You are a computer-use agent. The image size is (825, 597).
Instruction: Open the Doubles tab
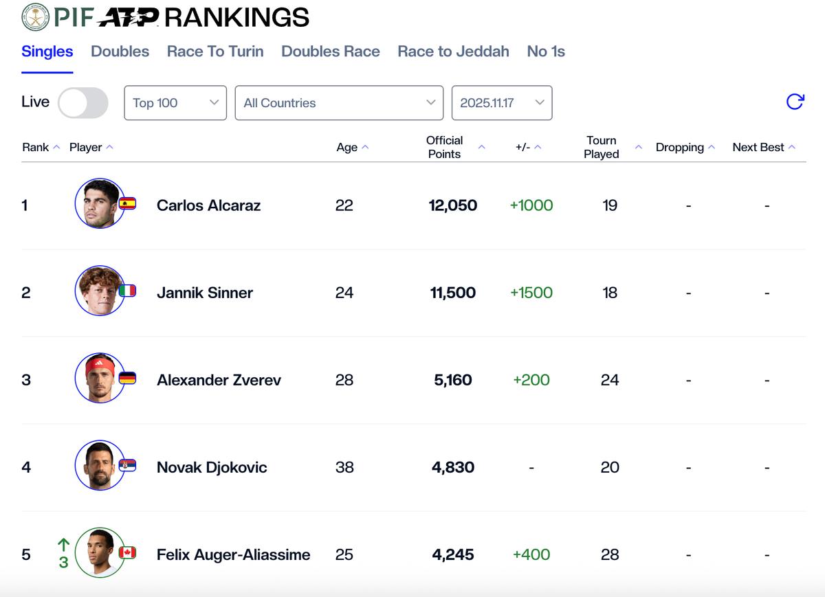pyautogui.click(x=120, y=52)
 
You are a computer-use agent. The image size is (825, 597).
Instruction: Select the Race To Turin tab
pyautogui.click(x=215, y=52)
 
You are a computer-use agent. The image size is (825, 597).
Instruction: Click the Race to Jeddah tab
pyautogui.click(x=453, y=52)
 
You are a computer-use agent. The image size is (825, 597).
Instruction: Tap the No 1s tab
pyautogui.click(x=546, y=52)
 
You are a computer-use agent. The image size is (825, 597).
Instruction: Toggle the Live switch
pyautogui.click(x=83, y=103)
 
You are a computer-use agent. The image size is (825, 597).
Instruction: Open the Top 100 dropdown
pyautogui.click(x=175, y=103)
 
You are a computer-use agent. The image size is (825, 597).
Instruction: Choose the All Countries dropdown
pyautogui.click(x=339, y=103)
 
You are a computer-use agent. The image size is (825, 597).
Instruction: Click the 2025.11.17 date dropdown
pyautogui.click(x=501, y=103)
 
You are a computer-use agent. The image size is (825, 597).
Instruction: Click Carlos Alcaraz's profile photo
pyautogui.click(x=99, y=204)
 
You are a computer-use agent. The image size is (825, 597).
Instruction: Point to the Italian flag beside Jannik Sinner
pyautogui.click(x=128, y=291)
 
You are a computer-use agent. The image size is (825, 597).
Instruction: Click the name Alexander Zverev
pyautogui.click(x=219, y=380)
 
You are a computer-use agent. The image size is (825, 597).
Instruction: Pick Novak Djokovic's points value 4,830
pyautogui.click(x=453, y=467)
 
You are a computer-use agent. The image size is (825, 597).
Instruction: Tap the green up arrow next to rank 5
pyautogui.click(x=63, y=545)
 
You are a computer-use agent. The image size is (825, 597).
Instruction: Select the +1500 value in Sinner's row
pyautogui.click(x=531, y=293)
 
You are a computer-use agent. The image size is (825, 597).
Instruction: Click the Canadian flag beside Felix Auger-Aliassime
pyautogui.click(x=128, y=552)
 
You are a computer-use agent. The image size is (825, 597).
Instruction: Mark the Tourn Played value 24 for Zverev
pyautogui.click(x=610, y=380)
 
